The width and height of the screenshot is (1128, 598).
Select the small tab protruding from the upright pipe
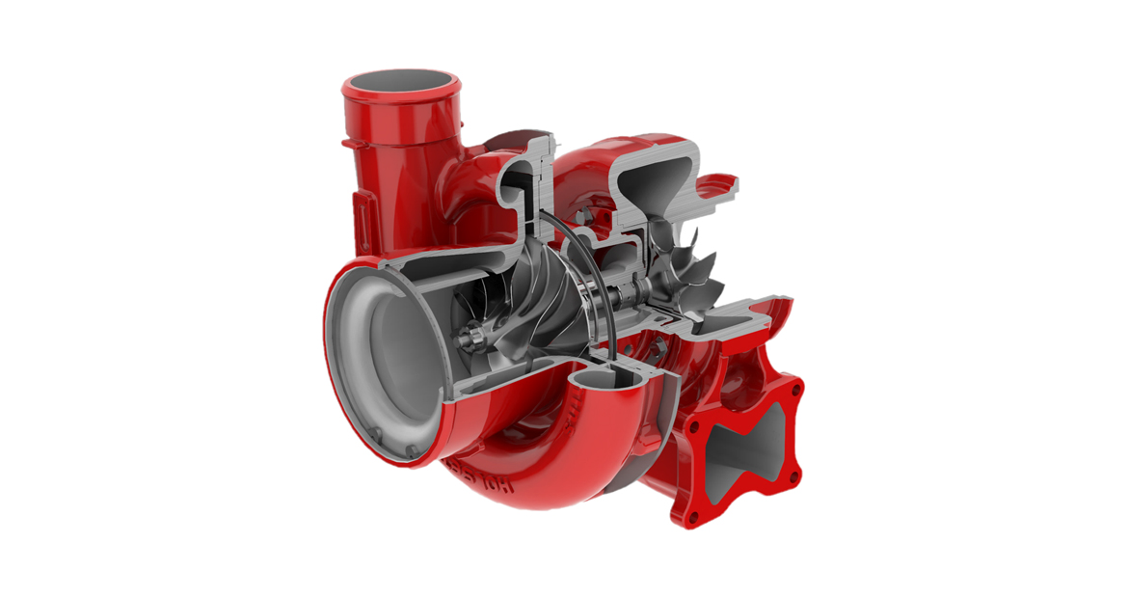pyautogui.click(x=345, y=145)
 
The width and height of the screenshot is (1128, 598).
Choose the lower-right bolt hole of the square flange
pyautogui.click(x=792, y=477)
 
